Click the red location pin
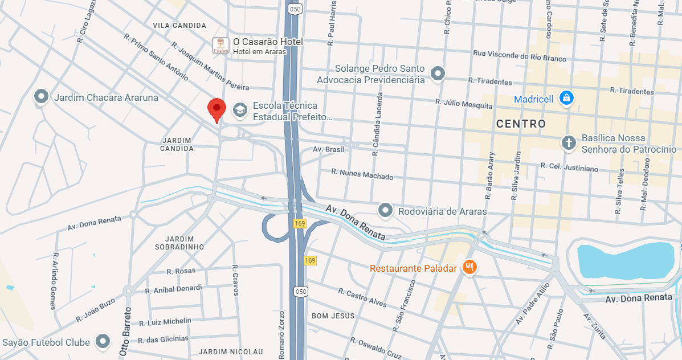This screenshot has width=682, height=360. pyautogui.click(x=217, y=108)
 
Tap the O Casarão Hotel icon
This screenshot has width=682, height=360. pyautogui.click(x=220, y=46)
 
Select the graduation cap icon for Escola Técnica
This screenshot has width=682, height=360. pyautogui.click(x=240, y=111)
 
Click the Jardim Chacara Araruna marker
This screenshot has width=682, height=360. pyautogui.click(x=41, y=97)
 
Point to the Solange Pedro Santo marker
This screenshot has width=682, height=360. pyautogui.click(x=438, y=73)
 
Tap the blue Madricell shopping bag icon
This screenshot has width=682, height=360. pyautogui.click(x=566, y=99)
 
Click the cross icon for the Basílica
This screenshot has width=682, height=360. pyautogui.click(x=568, y=142)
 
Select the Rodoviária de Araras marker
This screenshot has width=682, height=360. pyautogui.click(x=386, y=211)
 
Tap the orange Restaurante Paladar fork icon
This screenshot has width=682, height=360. pyautogui.click(x=469, y=267)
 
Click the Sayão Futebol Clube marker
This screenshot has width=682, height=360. pyautogui.click(x=103, y=342)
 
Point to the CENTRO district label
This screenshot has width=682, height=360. pyautogui.click(x=521, y=124)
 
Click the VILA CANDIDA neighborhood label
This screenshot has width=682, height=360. pyautogui.click(x=179, y=26)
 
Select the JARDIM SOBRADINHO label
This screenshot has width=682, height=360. pyautogui.click(x=179, y=243)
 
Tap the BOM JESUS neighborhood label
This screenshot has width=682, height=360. pyautogui.click(x=333, y=316)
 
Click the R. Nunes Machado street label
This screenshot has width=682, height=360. pyautogui.click(x=362, y=174)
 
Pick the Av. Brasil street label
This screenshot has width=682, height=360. pyautogui.click(x=329, y=149)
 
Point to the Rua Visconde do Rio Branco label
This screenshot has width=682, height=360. pyautogui.click(x=520, y=56)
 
